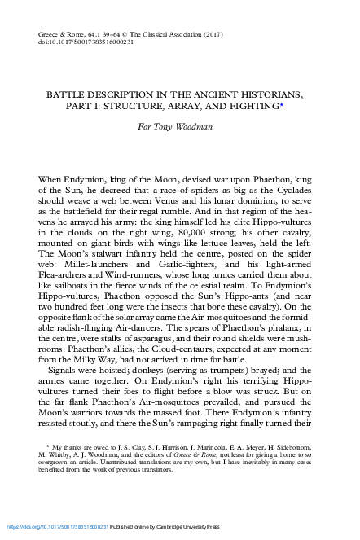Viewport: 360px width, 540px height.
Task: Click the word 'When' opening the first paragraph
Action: tap(51, 178)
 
